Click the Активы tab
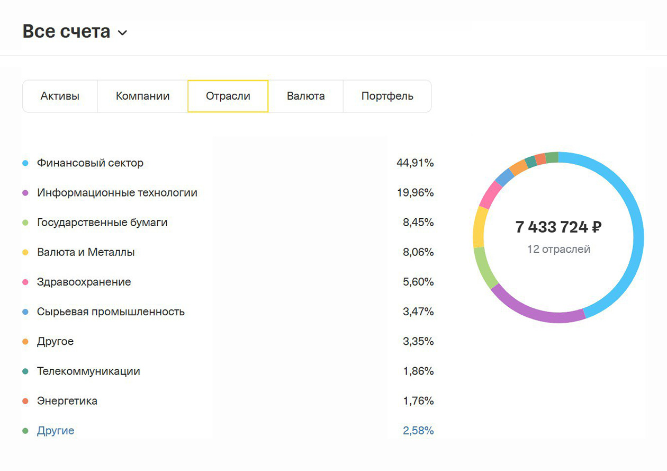click(60, 96)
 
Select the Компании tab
click(142, 96)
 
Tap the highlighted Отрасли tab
click(228, 96)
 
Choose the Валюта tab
click(305, 96)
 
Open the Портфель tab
click(387, 96)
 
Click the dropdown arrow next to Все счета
click(122, 33)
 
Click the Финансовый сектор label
click(90, 163)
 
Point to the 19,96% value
click(415, 193)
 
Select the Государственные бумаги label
click(102, 223)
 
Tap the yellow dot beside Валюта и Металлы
click(25, 253)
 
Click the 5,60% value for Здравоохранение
click(418, 282)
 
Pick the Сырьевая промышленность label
click(111, 312)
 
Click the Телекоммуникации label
click(88, 371)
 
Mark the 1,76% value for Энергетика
click(418, 401)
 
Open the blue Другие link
click(56, 431)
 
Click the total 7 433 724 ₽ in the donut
click(558, 227)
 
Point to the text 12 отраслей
click(558, 249)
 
